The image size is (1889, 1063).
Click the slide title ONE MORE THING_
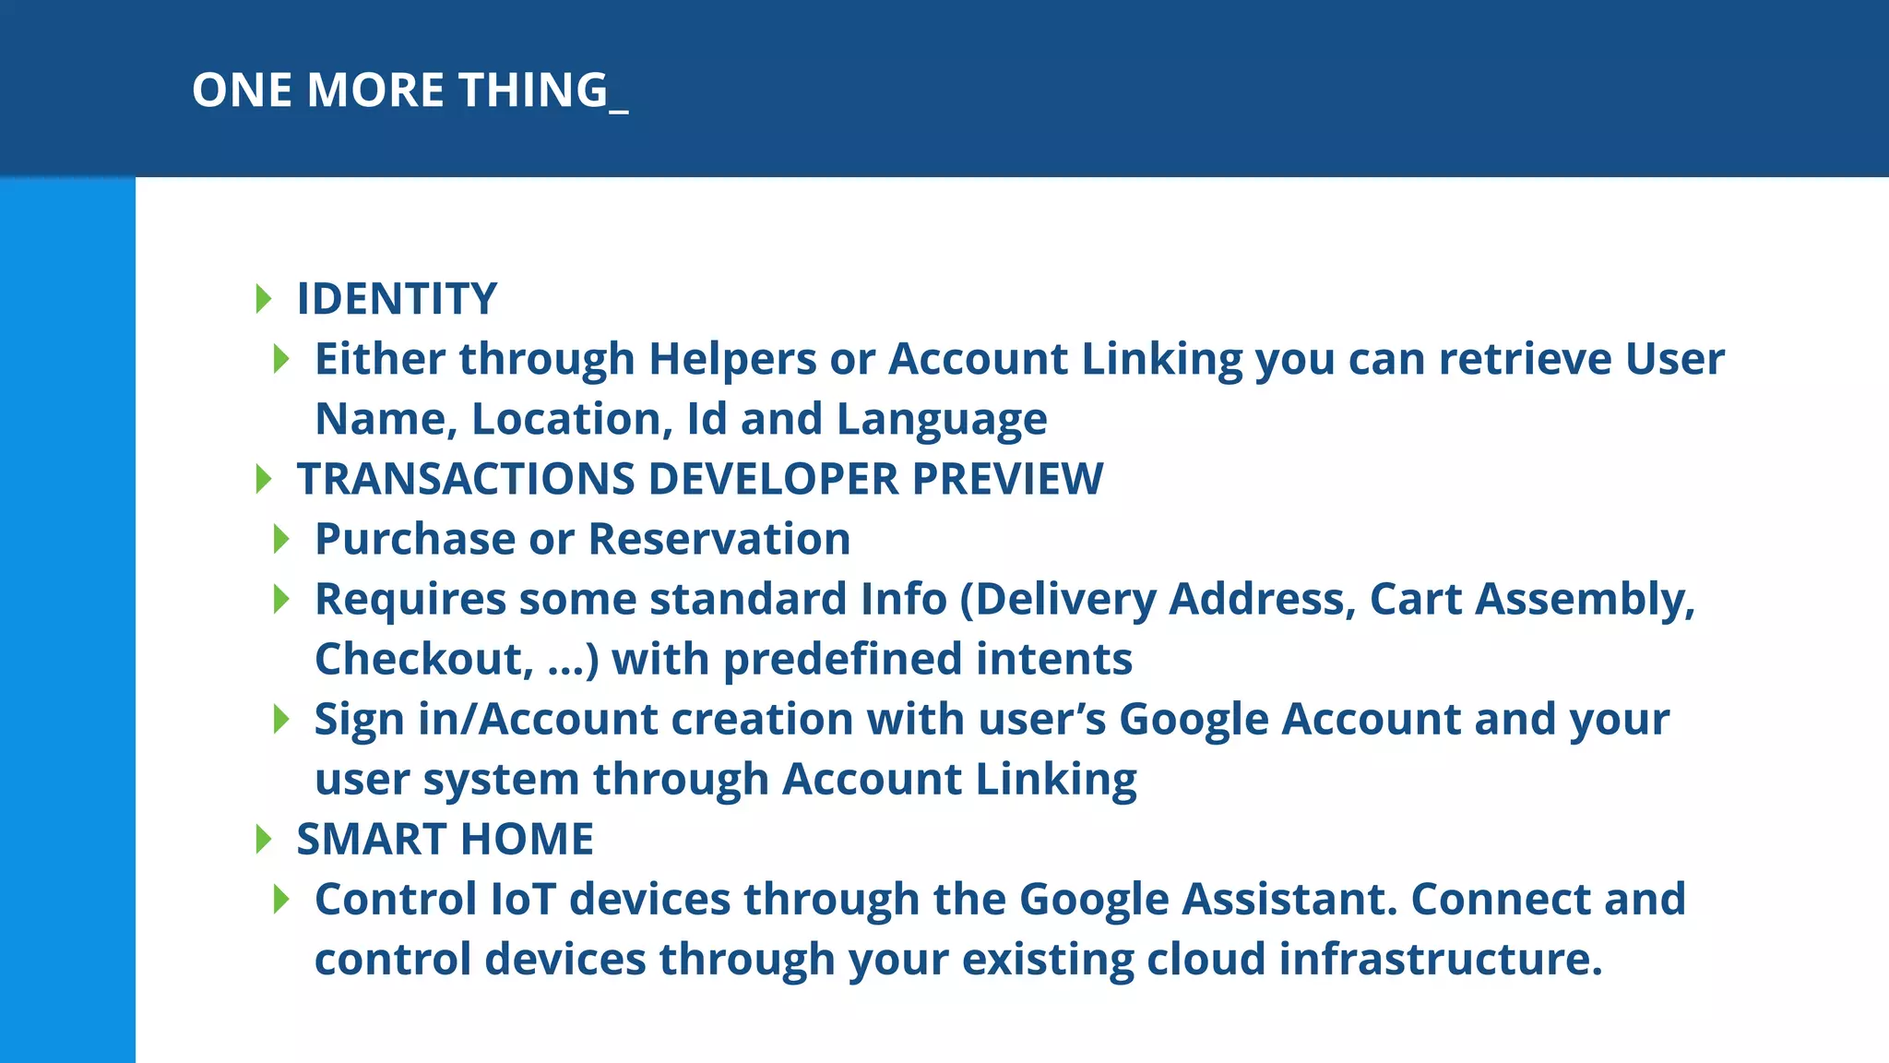[x=410, y=90]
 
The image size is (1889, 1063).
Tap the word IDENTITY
[x=397, y=299]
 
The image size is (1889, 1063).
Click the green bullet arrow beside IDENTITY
[x=264, y=299]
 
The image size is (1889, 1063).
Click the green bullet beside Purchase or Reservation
[x=282, y=539]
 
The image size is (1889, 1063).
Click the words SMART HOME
[x=445, y=840]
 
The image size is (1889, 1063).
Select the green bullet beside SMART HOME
[x=264, y=840]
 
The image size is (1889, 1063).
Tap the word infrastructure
[x=1439, y=960]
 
